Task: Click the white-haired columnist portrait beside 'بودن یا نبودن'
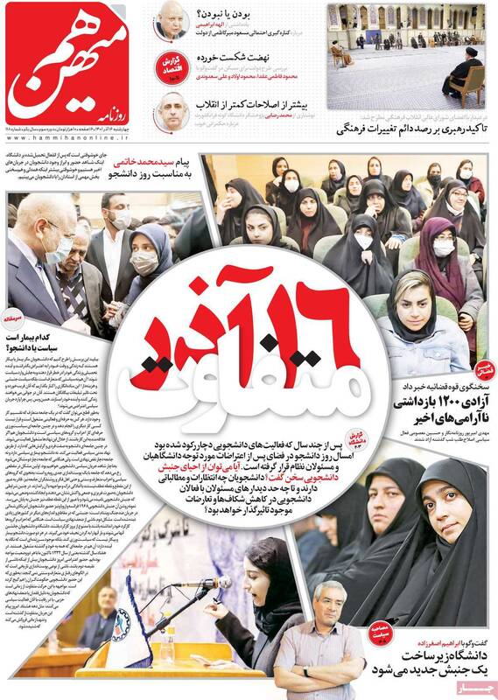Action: pos(170,19)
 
